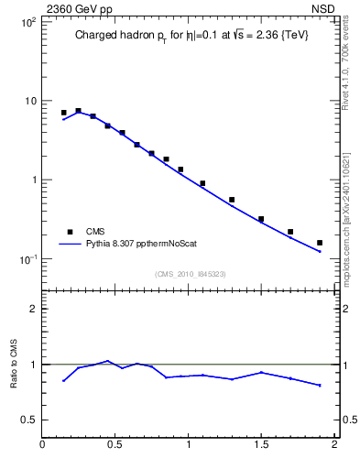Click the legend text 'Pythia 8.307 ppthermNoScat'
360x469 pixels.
click(140, 244)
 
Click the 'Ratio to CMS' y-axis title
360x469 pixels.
click(15, 365)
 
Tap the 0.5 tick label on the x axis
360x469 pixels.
click(115, 446)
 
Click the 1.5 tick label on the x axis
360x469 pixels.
click(261, 446)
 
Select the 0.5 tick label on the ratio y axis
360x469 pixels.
click(28, 420)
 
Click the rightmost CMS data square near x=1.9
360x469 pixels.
click(320, 243)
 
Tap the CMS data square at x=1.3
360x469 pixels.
click(232, 200)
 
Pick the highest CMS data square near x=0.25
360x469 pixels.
click(78, 110)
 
